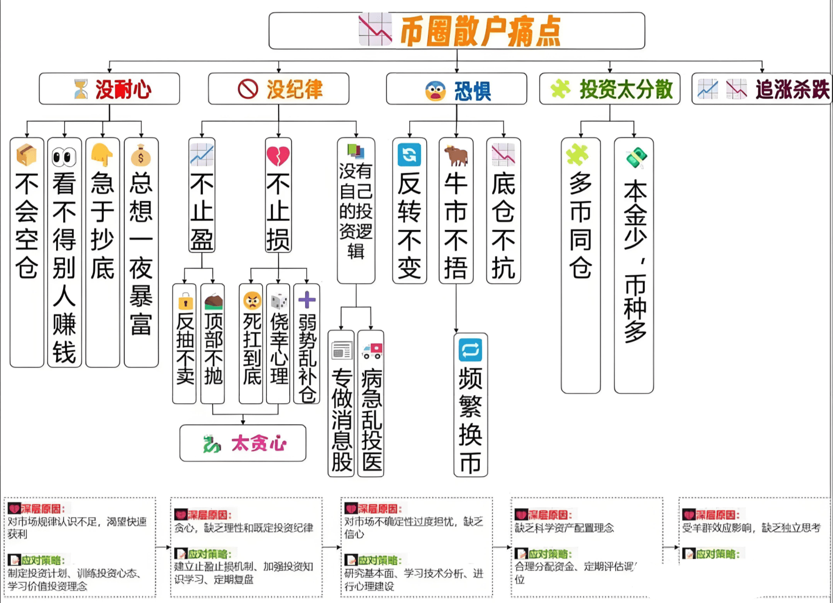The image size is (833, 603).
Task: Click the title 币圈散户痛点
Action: point(480,31)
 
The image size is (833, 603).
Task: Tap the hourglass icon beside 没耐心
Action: point(81,89)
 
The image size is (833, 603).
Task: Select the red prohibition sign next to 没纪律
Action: point(248,89)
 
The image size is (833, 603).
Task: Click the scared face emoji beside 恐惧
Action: point(435,91)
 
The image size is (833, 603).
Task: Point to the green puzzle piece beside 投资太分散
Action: point(560,89)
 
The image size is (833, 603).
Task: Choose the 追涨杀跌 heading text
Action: point(792,89)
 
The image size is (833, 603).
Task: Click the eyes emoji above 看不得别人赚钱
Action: point(64,157)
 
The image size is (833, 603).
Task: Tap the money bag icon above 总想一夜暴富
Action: point(141,156)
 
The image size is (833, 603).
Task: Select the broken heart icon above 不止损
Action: point(278,156)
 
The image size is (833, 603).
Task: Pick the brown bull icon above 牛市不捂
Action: point(456,155)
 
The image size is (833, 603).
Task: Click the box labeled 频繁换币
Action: point(470,405)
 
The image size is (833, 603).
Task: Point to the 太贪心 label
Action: point(259,443)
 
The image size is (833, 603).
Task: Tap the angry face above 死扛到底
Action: point(252,300)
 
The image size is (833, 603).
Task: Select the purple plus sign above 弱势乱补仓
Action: point(307,300)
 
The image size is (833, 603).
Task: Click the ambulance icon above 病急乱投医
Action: point(372,350)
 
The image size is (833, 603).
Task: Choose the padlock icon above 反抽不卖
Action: point(185,302)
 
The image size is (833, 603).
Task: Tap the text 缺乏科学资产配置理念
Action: point(564,528)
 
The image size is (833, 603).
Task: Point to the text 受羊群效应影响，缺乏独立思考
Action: point(751,528)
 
